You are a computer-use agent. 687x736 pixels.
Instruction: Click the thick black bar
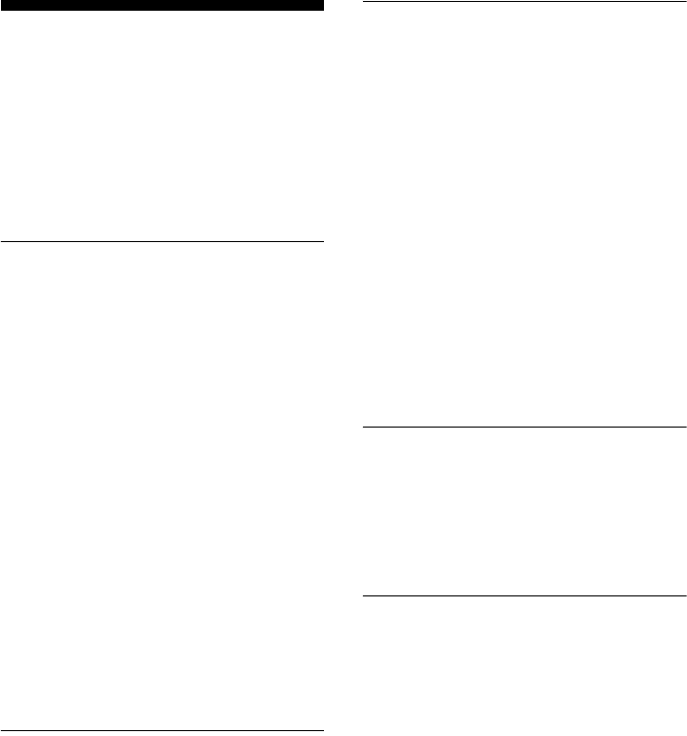pyautogui.click(x=161, y=6)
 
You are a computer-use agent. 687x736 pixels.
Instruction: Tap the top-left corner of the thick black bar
pyautogui.click(x=1, y=1)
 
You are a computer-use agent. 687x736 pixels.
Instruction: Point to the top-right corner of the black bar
pyautogui.click(x=322, y=1)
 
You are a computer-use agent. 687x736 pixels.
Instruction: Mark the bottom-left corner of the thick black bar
pyautogui.click(x=1, y=11)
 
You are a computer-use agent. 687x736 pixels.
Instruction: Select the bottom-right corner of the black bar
pyautogui.click(x=322, y=11)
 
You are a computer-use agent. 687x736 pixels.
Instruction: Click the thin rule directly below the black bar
pyautogui.click(x=161, y=241)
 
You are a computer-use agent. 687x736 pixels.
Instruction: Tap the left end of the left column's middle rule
pyautogui.click(x=1, y=241)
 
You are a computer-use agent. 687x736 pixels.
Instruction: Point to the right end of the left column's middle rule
pyautogui.click(x=322, y=241)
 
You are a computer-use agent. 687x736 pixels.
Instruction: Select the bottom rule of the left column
pyautogui.click(x=161, y=730)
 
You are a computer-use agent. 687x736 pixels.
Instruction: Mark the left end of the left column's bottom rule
pyautogui.click(x=1, y=730)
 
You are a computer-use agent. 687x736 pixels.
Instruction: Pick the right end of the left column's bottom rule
pyautogui.click(x=322, y=730)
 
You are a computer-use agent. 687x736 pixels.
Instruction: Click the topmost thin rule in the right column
pyautogui.click(x=525, y=3)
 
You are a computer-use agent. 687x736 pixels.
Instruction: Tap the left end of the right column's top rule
pyautogui.click(x=364, y=3)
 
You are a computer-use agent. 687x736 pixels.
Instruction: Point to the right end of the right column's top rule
pyautogui.click(x=686, y=3)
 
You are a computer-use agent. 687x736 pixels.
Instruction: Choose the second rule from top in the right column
pyautogui.click(x=525, y=427)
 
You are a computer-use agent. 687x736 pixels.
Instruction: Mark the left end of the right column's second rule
pyautogui.click(x=364, y=427)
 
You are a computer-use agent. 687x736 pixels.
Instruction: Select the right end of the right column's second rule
pyautogui.click(x=686, y=427)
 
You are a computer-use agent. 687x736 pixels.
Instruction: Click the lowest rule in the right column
pyautogui.click(x=525, y=595)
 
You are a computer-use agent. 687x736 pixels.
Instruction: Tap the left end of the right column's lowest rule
pyautogui.click(x=364, y=595)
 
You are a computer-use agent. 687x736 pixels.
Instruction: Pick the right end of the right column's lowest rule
pyautogui.click(x=686, y=595)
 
